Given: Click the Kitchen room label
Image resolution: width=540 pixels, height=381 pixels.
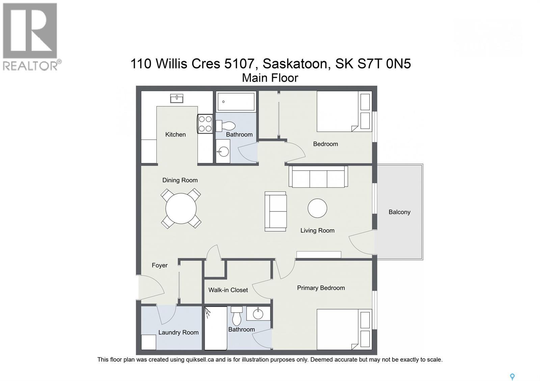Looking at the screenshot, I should tap(175, 135).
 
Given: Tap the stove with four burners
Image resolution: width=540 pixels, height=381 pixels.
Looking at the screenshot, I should tap(205, 124).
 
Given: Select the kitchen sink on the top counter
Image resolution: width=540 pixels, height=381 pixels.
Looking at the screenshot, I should tap(177, 98).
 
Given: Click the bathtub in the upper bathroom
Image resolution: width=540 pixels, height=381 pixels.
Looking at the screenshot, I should tap(236, 101).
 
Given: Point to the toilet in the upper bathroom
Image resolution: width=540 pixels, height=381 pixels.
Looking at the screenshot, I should tap(226, 126).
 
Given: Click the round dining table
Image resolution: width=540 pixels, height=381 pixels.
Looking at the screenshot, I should tap(181, 208).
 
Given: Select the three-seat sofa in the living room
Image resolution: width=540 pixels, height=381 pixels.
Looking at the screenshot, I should tap(318, 176).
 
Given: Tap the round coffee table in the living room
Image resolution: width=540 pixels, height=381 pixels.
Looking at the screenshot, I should tap(317, 208).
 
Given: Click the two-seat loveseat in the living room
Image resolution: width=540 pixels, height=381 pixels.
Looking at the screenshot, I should tap(275, 211).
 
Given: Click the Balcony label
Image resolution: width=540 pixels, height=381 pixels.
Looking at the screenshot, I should tap(399, 212).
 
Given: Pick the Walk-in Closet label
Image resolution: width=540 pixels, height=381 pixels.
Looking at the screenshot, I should tap(228, 290).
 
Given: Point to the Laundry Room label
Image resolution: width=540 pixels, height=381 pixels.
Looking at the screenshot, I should tap(178, 332).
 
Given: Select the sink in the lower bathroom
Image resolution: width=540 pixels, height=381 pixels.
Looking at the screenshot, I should tap(258, 313).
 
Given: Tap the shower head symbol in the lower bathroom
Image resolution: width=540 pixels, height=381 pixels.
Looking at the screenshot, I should tap(208, 313).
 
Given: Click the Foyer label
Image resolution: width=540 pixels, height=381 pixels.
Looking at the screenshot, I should tap(159, 265).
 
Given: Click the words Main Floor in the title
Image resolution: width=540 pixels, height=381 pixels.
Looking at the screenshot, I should tap(270, 78).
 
